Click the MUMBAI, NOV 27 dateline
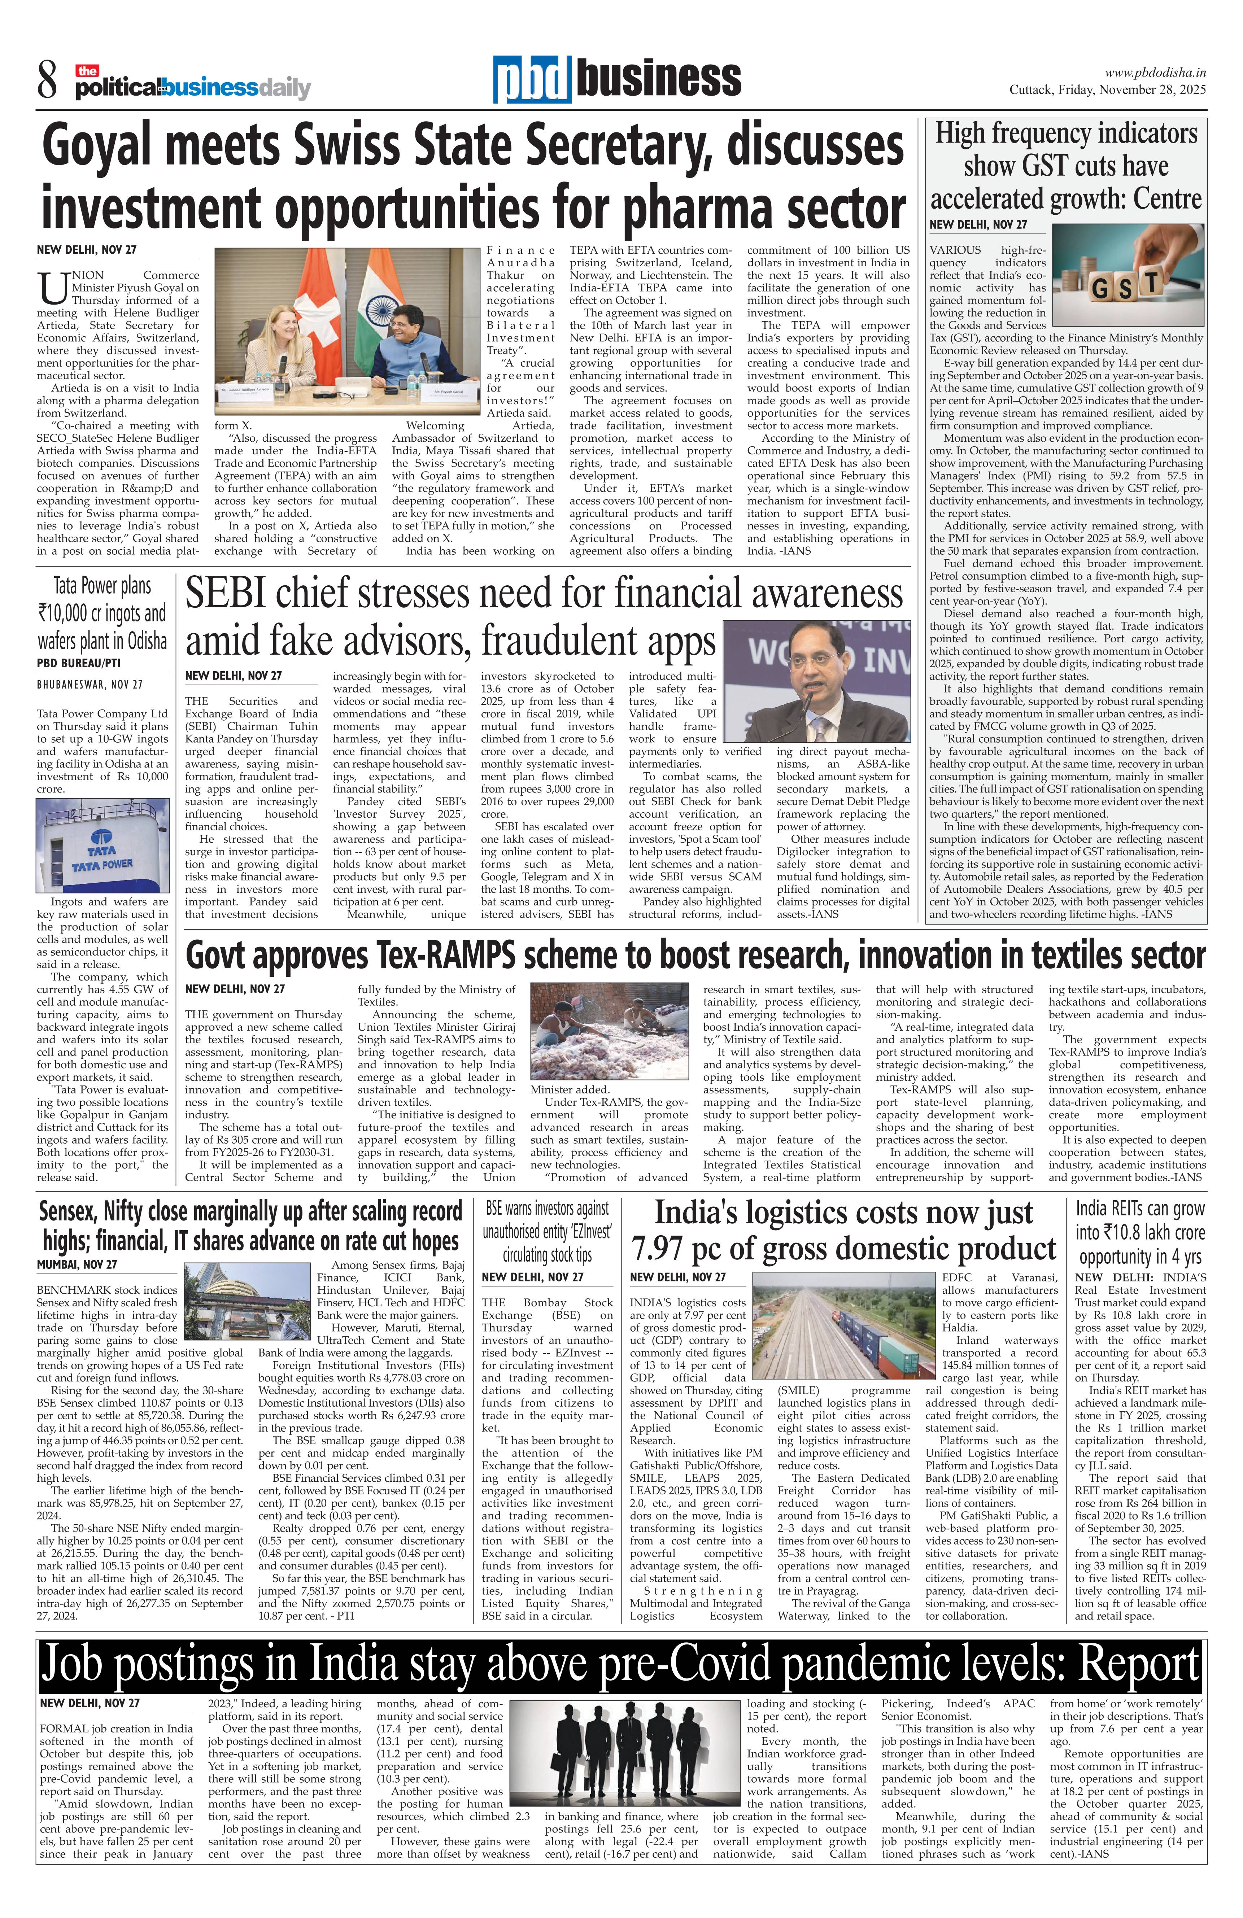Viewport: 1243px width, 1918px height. [x=77, y=1264]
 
